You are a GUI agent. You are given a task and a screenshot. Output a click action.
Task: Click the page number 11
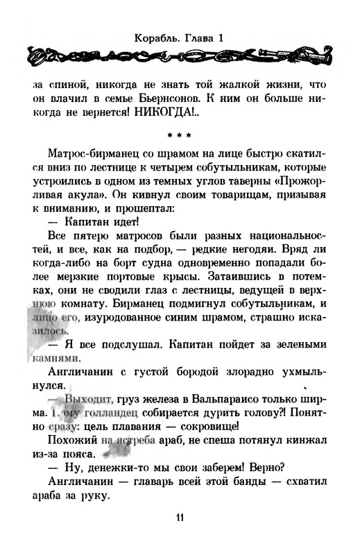tap(179, 517)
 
